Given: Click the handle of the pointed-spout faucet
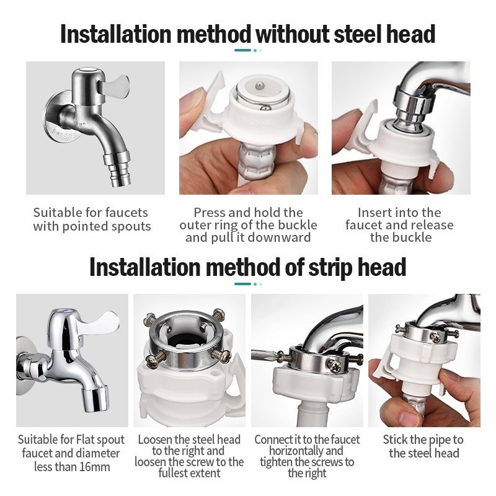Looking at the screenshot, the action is coord(115,84).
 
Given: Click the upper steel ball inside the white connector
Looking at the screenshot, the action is coord(259,85).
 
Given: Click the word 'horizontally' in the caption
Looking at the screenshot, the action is coord(306,451).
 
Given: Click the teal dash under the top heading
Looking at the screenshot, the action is coord(243,50).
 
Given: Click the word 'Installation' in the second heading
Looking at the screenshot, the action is coord(145,268).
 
